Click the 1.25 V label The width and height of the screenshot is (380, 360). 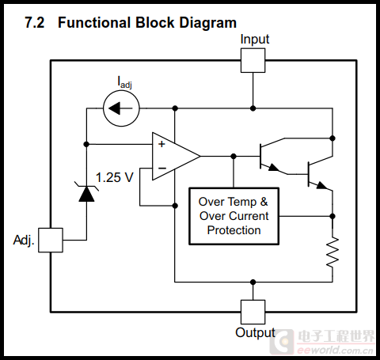115,177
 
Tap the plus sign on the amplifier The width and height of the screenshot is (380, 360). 161,144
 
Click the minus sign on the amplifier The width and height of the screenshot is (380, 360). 162,168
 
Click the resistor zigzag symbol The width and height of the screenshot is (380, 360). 332,252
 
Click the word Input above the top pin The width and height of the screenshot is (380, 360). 255,40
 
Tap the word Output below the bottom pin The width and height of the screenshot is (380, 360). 255,332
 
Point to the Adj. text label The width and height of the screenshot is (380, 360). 24,241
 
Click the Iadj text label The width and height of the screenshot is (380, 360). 124,82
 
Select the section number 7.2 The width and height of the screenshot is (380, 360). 35,23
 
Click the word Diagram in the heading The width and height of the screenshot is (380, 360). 208,23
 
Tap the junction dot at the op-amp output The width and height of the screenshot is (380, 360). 234,157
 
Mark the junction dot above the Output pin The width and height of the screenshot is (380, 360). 253,282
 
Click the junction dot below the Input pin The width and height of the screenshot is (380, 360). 253,108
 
